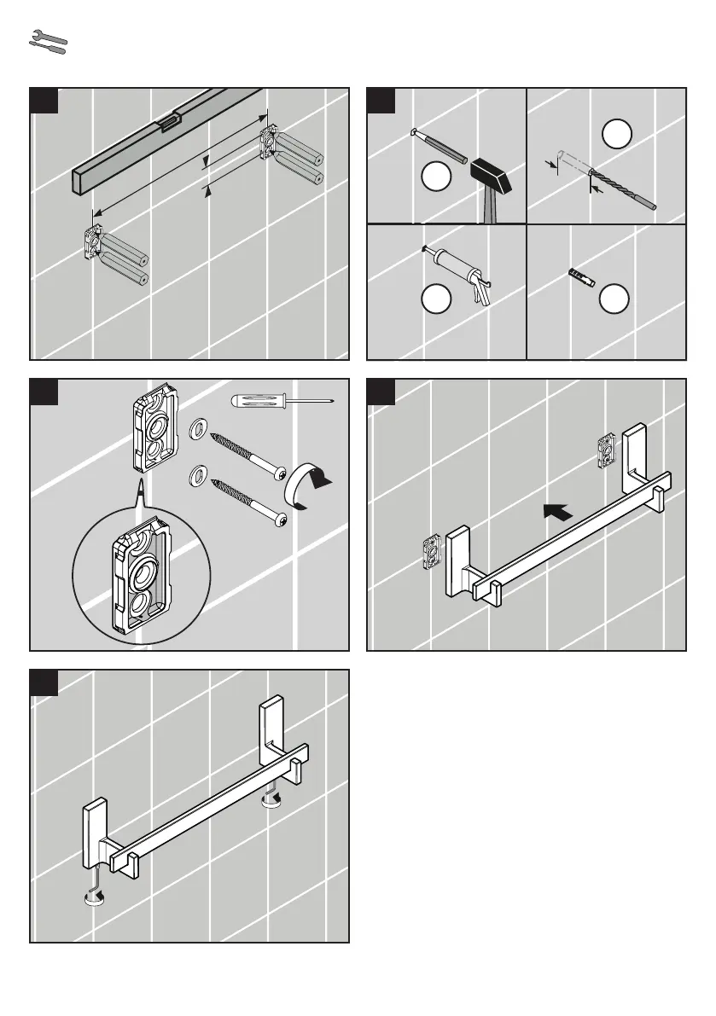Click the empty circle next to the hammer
pyautogui.click(x=437, y=179)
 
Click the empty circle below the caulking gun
pyautogui.click(x=437, y=299)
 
